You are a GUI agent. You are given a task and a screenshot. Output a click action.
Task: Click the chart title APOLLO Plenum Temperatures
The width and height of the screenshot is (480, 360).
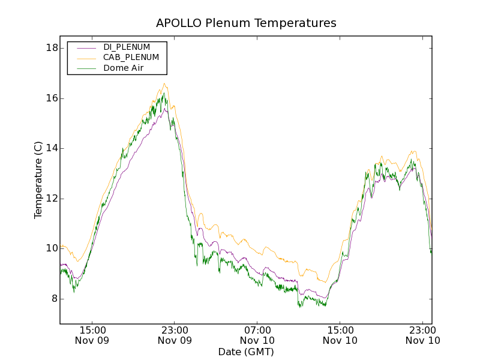246,23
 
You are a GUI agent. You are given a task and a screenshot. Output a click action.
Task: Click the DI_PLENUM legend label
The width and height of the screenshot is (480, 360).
127,47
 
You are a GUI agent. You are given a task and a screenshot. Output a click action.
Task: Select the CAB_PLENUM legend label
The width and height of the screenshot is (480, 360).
131,58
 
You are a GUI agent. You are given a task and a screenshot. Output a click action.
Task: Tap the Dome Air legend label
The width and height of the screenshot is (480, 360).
123,68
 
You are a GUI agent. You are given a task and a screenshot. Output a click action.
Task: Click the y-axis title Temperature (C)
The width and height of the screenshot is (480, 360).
38,180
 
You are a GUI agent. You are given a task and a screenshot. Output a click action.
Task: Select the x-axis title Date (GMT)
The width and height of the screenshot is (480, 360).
246,352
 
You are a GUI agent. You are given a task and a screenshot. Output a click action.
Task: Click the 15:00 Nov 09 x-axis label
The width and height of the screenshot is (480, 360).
93,335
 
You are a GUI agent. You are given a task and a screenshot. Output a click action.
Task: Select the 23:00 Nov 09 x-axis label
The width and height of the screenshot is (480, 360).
175,335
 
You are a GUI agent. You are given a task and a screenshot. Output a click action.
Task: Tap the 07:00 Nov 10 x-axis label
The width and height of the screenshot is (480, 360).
258,335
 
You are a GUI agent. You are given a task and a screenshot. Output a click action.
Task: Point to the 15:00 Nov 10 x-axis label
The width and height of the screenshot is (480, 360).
340,335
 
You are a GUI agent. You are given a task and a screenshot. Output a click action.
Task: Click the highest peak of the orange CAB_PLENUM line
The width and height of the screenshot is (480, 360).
164,84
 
